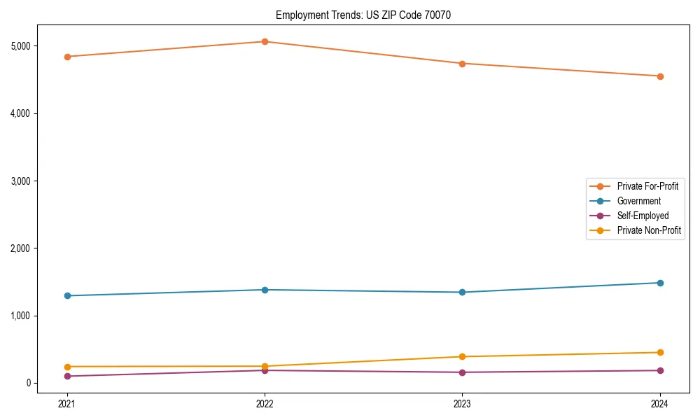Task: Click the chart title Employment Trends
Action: (363, 15)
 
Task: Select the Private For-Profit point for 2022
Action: (265, 41)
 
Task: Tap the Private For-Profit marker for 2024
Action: (660, 76)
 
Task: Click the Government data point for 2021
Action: (67, 295)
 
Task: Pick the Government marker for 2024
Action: (660, 283)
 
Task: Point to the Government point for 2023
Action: (462, 292)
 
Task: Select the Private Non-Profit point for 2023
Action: (462, 356)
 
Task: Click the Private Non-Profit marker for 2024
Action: (660, 352)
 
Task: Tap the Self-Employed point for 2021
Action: (67, 376)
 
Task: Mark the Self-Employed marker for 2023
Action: (462, 372)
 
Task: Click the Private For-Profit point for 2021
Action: (67, 57)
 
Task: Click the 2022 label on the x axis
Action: (265, 403)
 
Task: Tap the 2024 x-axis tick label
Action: (660, 403)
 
